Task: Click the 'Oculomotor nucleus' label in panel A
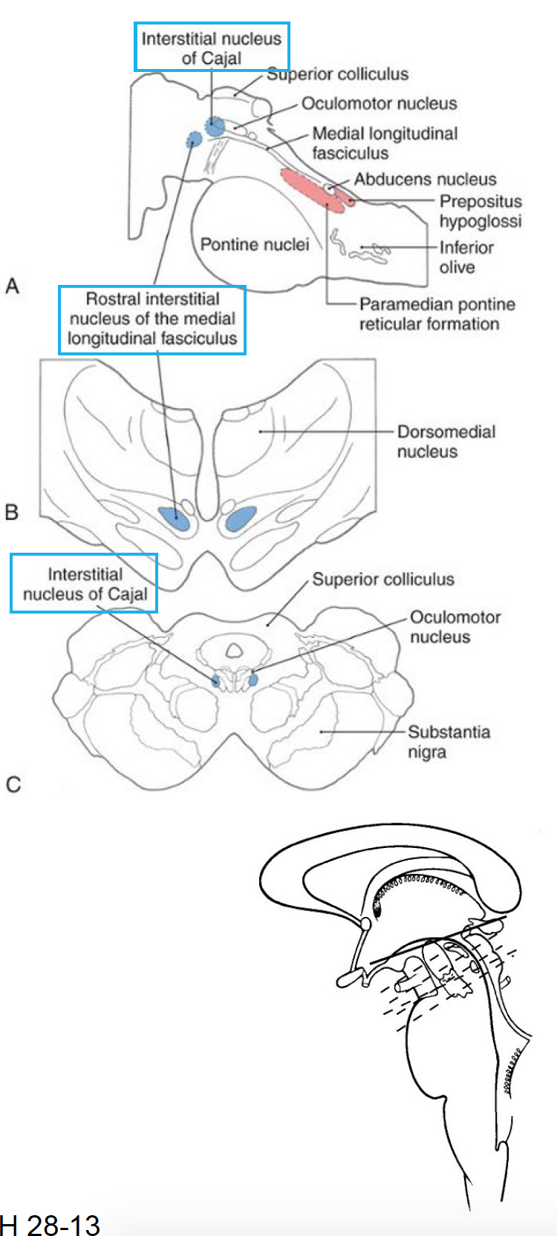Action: pos(379,104)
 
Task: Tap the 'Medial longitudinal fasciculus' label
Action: pos(385,143)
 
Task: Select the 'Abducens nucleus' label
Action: pos(425,180)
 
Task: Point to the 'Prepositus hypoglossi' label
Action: pos(480,211)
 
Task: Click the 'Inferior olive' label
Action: pos(466,257)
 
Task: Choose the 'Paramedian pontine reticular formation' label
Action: pos(437,314)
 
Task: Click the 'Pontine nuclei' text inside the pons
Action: pos(254,245)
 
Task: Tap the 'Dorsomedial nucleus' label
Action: pos(446,441)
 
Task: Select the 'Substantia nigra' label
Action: pos(449,742)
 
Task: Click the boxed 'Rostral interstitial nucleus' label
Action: pos(152,320)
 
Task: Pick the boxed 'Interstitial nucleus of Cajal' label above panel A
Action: pos(212,47)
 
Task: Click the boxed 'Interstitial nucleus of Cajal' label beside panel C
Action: pos(85,584)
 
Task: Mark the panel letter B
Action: pos(11,512)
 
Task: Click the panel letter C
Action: pos(13,784)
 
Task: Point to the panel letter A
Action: pos(12,286)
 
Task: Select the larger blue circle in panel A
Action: pos(215,126)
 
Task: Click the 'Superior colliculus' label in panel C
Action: pos(382,579)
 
